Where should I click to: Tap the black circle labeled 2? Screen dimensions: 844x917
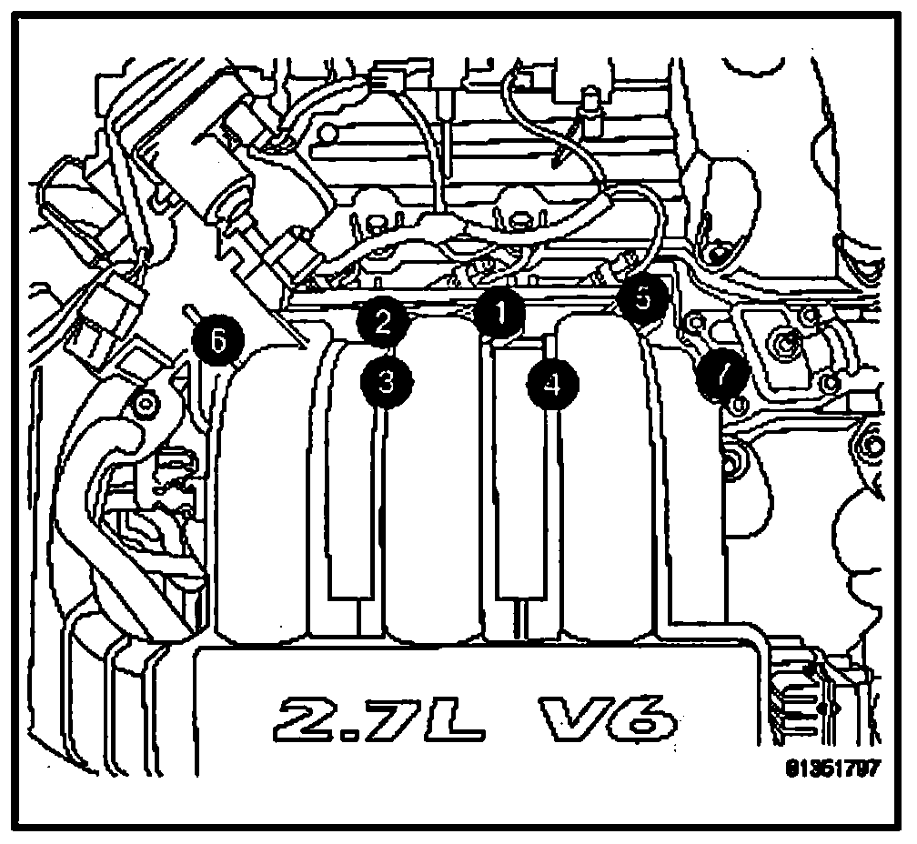(x=382, y=320)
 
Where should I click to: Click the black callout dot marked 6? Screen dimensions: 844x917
(x=217, y=342)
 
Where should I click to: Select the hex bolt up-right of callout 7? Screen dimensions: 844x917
(x=783, y=346)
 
